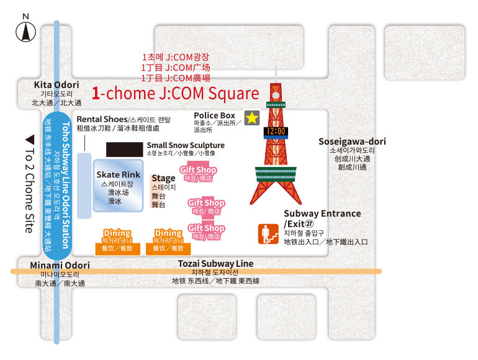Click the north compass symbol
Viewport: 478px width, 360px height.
click(x=25, y=32)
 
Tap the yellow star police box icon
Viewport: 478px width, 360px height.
click(x=252, y=118)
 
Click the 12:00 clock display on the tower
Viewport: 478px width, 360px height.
click(x=276, y=132)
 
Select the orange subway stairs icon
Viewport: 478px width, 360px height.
click(x=268, y=234)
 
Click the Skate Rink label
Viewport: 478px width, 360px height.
click(x=119, y=174)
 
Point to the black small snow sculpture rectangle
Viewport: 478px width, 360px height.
click(x=124, y=150)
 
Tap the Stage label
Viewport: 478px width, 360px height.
click(x=163, y=178)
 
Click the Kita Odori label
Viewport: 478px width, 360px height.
click(x=56, y=85)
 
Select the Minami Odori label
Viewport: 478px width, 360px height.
click(x=60, y=265)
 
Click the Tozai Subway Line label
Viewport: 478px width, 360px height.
click(x=215, y=263)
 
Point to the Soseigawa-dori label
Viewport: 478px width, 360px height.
click(x=352, y=142)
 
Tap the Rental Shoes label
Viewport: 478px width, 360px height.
click(x=102, y=119)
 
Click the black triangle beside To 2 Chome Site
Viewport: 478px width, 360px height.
click(x=30, y=140)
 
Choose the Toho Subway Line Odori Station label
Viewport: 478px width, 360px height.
click(x=66, y=185)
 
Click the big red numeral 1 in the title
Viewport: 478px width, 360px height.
click(x=96, y=93)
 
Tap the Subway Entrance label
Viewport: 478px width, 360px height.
click(x=322, y=214)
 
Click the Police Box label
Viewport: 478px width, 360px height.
click(x=214, y=115)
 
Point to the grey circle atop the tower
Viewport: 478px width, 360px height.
click(x=276, y=96)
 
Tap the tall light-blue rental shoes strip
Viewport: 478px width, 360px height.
click(x=84, y=186)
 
